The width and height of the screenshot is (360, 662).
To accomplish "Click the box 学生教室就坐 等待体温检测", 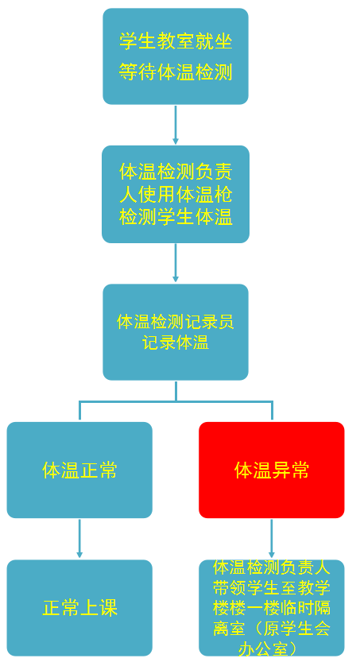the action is pyautogui.click(x=176, y=56).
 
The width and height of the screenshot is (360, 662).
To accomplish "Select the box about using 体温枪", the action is pyautogui.click(x=176, y=194).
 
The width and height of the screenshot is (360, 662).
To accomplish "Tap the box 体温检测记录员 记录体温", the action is pyautogui.click(x=176, y=332).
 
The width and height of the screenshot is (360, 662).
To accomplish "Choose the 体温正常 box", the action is pyautogui.click(x=79, y=470).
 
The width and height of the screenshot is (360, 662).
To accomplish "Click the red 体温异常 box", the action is pyautogui.click(x=272, y=470).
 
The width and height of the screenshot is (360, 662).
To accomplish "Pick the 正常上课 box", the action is pyautogui.click(x=79, y=608).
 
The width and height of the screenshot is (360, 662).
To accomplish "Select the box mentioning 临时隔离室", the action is pyautogui.click(x=272, y=608).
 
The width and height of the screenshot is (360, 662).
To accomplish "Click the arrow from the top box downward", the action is pyautogui.click(x=176, y=125).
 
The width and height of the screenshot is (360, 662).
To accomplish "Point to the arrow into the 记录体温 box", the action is pyautogui.click(x=176, y=263).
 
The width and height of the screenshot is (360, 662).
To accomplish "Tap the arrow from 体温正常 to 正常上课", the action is pyautogui.click(x=79, y=539).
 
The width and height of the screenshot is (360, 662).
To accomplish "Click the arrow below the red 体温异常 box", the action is pyautogui.click(x=272, y=539).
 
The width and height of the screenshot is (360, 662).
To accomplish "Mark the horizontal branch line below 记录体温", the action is pyautogui.click(x=176, y=401).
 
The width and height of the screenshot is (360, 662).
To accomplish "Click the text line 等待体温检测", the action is pyautogui.click(x=176, y=72).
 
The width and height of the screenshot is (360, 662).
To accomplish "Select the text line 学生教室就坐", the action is pyautogui.click(x=176, y=41).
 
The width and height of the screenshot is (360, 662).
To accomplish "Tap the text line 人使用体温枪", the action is pyautogui.click(x=176, y=196).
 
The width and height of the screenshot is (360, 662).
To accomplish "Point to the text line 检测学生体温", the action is pyautogui.click(x=176, y=219).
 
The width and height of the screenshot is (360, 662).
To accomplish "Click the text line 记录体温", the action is pyautogui.click(x=176, y=343).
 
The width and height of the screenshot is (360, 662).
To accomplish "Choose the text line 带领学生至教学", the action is pyautogui.click(x=272, y=588).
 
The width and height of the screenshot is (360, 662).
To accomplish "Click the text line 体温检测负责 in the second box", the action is pyautogui.click(x=176, y=172).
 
